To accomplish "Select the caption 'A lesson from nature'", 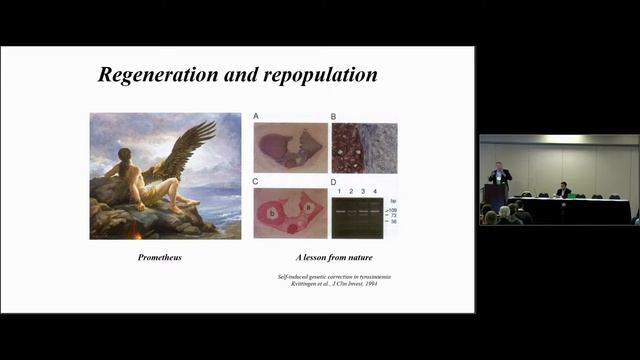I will tap(325, 258).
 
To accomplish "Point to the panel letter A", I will tap(256, 117).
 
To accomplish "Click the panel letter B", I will tap(334, 117).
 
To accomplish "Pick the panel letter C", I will tap(256, 181).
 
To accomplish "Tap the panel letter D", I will tap(334, 181).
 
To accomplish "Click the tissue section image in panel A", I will tap(291, 148).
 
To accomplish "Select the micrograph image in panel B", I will tap(365, 148).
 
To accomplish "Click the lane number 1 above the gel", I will tap(341, 190).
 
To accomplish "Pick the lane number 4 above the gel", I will tap(375, 190).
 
